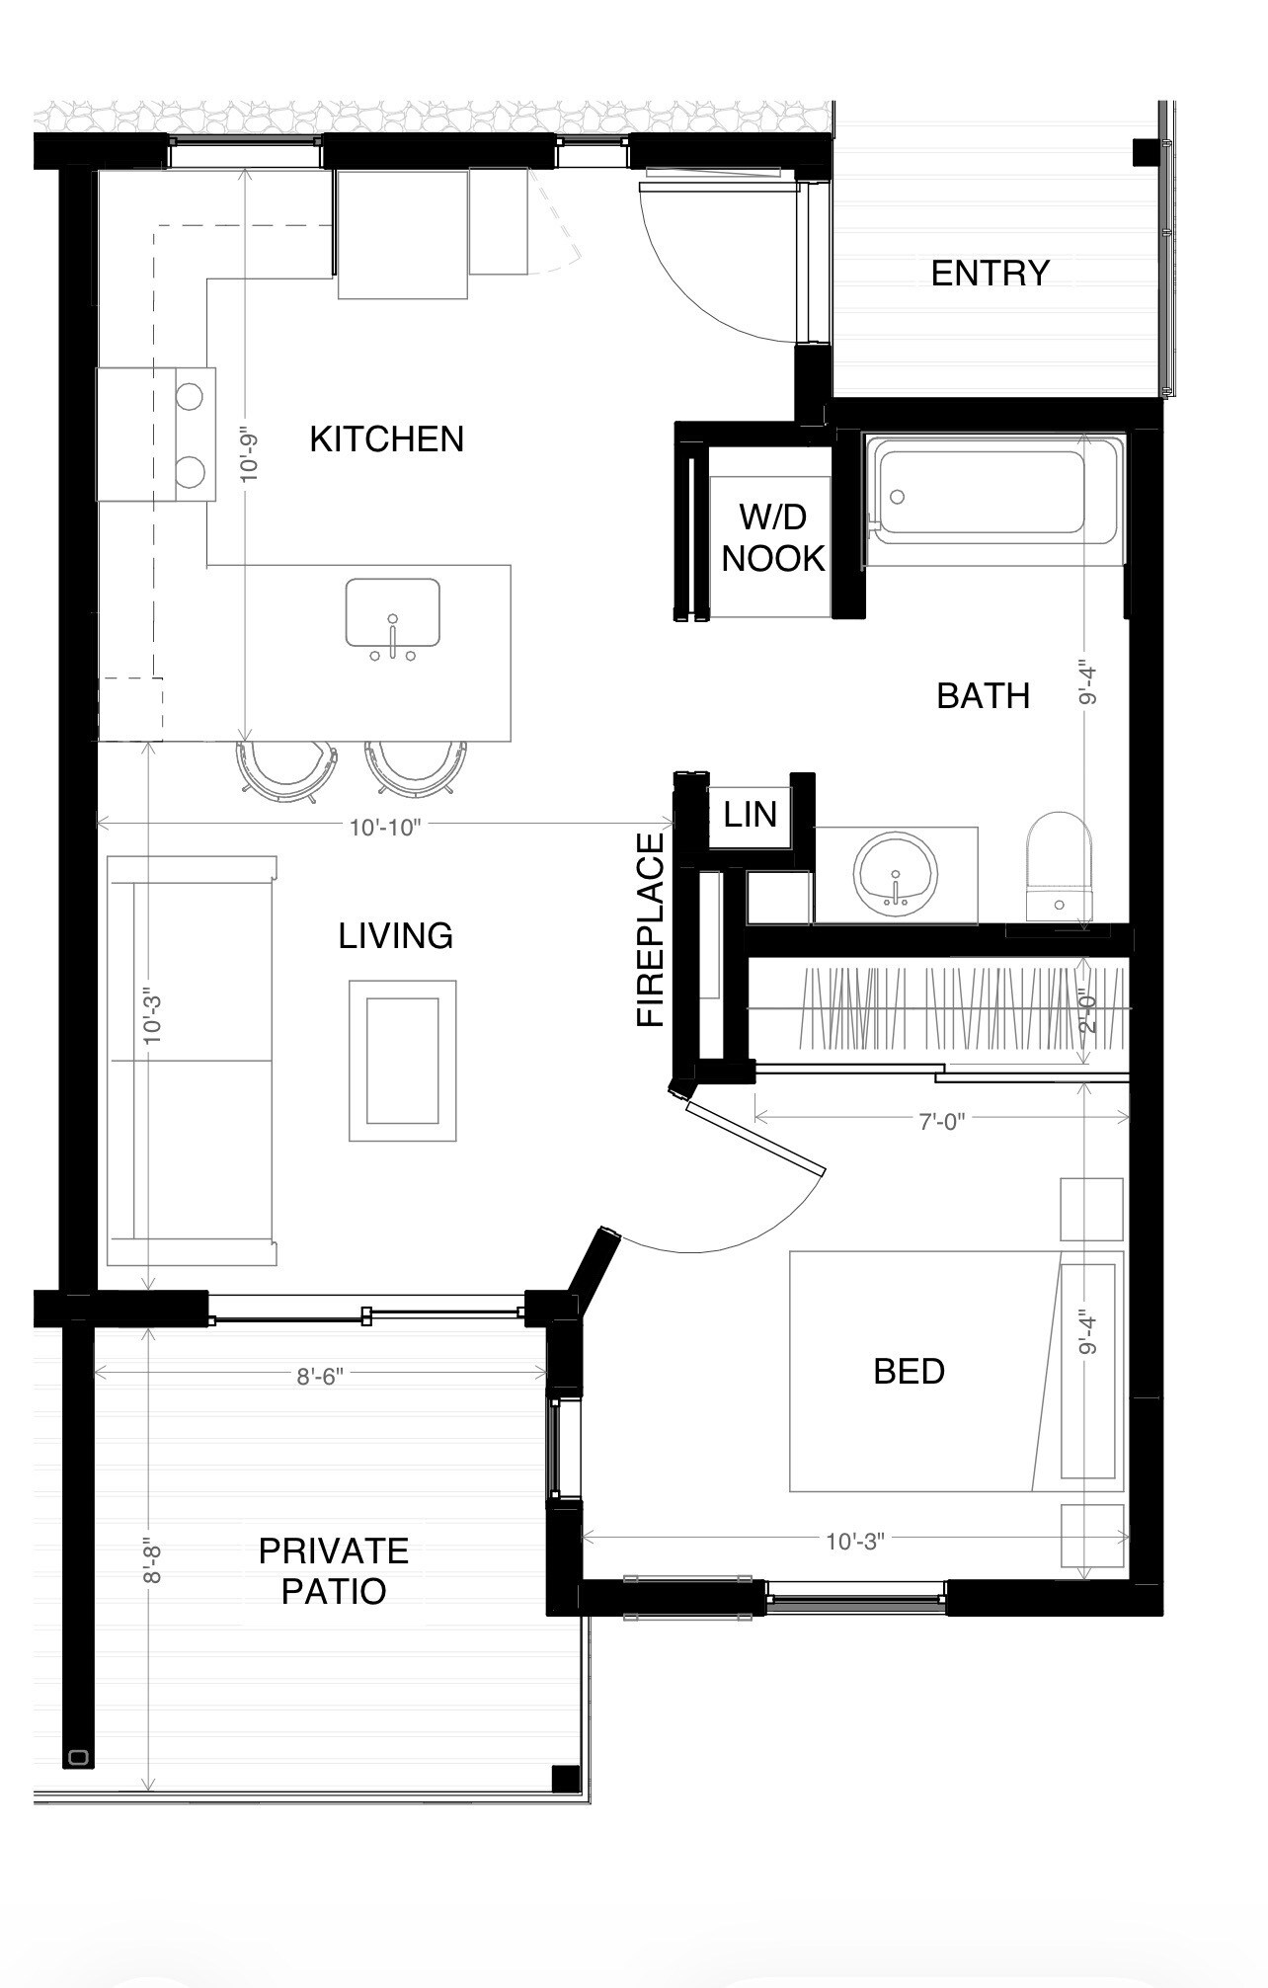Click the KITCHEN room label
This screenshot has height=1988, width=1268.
coord(386,438)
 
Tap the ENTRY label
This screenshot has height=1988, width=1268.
coord(990,273)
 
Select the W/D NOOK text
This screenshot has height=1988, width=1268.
coord(773,537)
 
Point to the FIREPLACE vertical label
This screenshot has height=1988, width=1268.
coord(651,929)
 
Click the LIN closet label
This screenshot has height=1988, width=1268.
coord(751,814)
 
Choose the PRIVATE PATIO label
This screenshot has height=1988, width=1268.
coord(334,1570)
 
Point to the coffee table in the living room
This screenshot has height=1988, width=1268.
coord(403,1061)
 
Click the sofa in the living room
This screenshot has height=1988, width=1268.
coord(192,1061)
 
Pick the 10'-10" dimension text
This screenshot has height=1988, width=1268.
coord(385,827)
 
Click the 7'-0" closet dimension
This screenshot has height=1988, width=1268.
coord(941,1121)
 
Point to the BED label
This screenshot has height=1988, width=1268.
coord(909,1371)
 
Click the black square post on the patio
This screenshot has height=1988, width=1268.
coord(566,1778)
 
